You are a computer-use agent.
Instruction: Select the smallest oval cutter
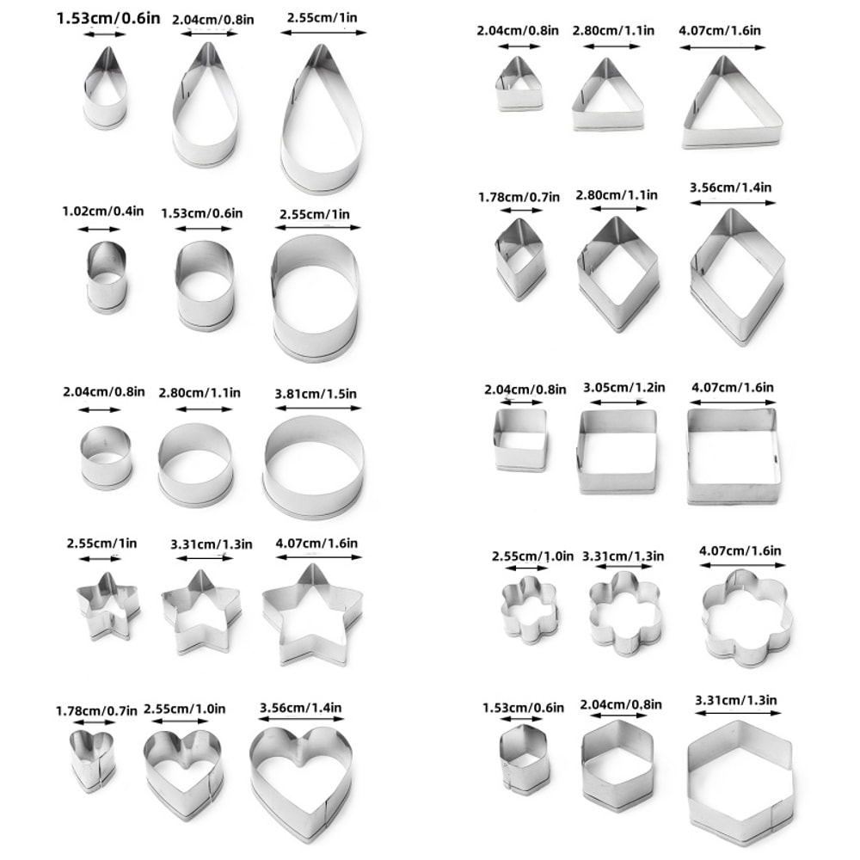point(107,275)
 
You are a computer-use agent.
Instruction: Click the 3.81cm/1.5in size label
point(316,394)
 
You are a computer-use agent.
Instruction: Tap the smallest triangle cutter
point(519,86)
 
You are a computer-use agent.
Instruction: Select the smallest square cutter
point(519,439)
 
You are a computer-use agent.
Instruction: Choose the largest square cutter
point(733,455)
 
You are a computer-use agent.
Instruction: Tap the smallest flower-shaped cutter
point(530,611)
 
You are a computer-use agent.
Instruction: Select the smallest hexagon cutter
point(523,759)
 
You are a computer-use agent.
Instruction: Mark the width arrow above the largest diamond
point(733,203)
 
